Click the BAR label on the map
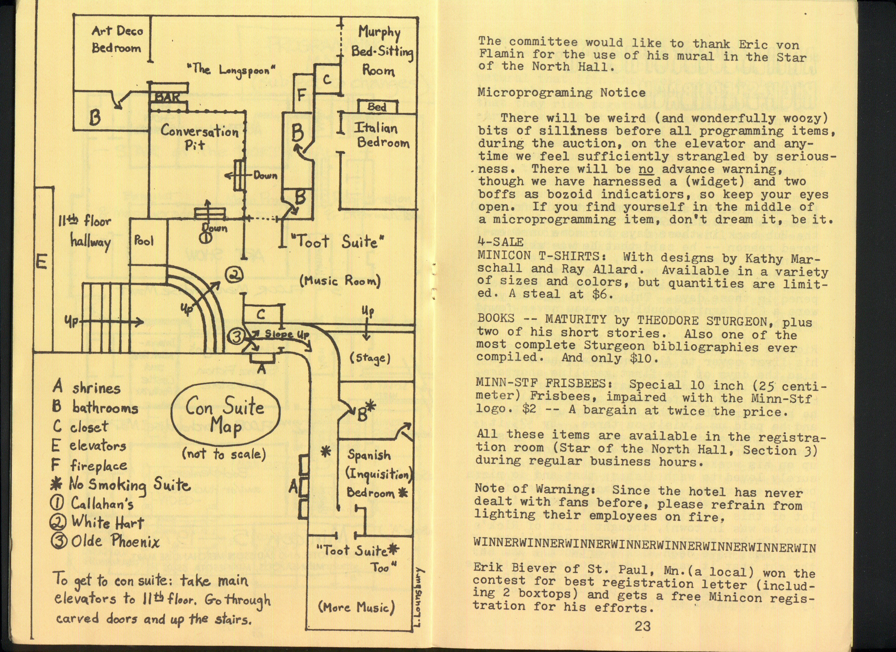click(x=168, y=97)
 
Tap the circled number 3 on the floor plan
click(x=236, y=336)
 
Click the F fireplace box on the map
click(x=302, y=95)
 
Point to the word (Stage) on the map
click(x=370, y=358)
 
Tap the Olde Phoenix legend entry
click(x=106, y=541)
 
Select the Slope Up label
click(x=286, y=334)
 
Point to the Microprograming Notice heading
click(x=561, y=93)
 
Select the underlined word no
click(x=646, y=169)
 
